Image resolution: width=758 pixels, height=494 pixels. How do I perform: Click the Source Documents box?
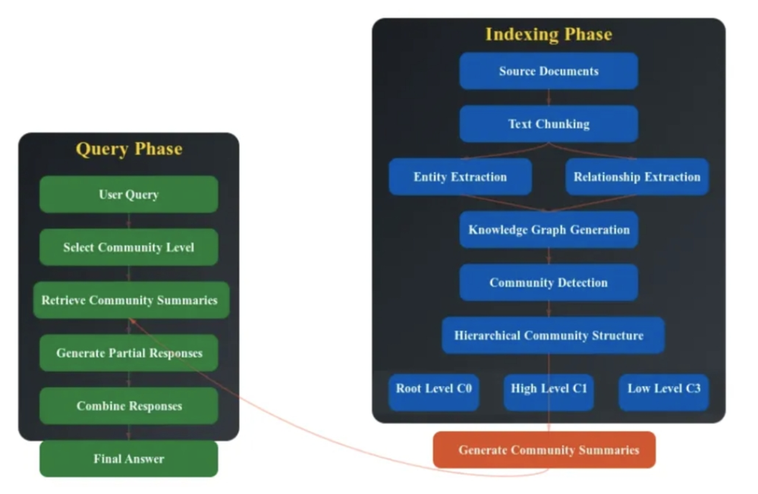[548, 71]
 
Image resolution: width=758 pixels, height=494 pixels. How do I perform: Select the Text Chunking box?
[548, 124]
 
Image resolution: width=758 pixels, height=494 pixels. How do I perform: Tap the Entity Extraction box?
[461, 177]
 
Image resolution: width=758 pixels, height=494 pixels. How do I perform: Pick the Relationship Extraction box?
[637, 177]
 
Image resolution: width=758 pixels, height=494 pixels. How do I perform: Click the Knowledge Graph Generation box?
[548, 230]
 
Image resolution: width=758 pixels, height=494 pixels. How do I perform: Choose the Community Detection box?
[548, 282]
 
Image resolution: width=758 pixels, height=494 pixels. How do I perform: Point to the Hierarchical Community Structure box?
[553, 335]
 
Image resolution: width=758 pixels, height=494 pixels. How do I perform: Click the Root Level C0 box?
[433, 392]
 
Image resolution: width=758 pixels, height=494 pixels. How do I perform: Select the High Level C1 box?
[549, 392]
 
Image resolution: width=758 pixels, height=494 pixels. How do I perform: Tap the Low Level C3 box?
[664, 392]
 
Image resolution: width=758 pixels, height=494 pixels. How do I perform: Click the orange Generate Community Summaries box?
[544, 449]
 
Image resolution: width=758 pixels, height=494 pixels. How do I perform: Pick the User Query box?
[128, 194]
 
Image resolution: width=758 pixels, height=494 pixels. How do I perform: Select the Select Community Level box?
[128, 247]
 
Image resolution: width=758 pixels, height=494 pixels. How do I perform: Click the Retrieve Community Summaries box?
[131, 300]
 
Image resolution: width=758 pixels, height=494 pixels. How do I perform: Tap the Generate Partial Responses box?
[128, 353]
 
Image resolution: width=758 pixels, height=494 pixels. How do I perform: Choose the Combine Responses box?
[128, 405]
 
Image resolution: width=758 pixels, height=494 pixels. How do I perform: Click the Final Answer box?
[128, 458]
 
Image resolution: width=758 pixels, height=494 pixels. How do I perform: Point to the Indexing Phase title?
[549, 34]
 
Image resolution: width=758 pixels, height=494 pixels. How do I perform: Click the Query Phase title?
[129, 149]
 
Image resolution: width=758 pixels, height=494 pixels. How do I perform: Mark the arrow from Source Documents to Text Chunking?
[549, 97]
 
